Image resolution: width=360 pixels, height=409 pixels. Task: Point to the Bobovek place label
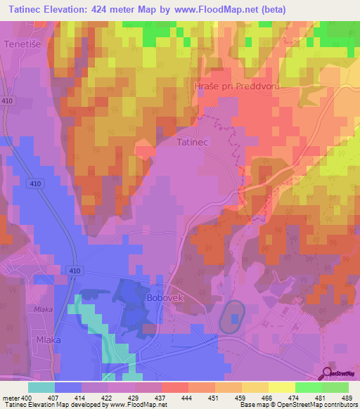pos(165,298)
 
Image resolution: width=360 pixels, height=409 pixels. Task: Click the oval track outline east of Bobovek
pos(232,318)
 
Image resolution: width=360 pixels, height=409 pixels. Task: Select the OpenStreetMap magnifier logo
pos(328,372)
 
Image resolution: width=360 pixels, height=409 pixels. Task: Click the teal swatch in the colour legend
pos(41,387)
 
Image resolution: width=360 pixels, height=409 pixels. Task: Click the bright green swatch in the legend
pos(309,387)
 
